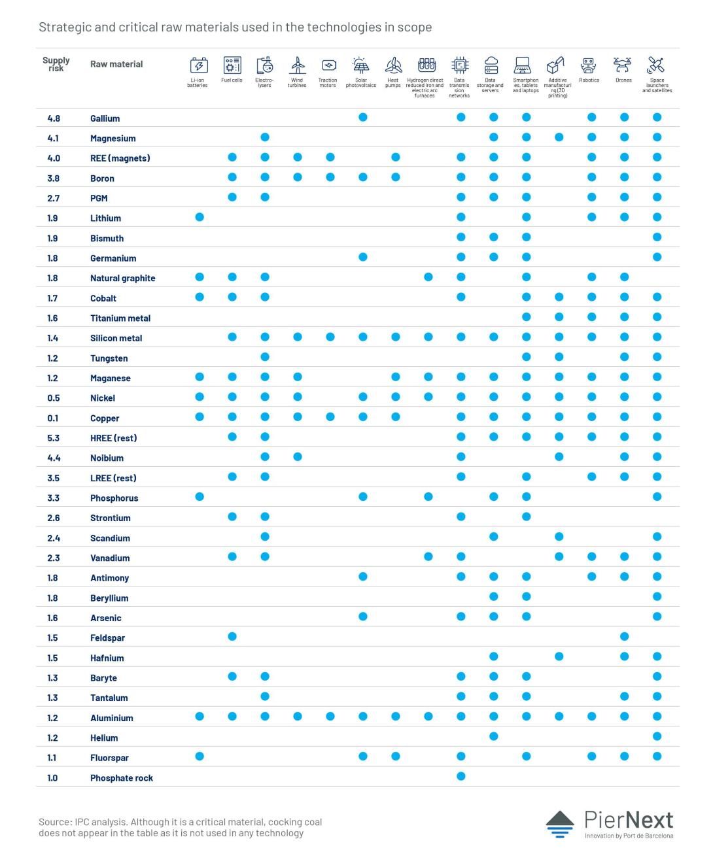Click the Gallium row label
point(105,118)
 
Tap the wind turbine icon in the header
point(297,65)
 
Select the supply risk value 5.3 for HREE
point(54,438)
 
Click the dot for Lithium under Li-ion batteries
point(200,217)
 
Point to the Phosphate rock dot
point(461,776)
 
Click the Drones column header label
point(623,80)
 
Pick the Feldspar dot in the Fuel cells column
point(232,636)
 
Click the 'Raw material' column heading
point(116,64)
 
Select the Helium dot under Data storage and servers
point(493,736)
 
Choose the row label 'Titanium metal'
point(120,318)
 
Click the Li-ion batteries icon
point(199,65)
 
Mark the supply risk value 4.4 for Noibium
point(54,458)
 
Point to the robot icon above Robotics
point(589,65)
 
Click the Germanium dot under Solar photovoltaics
point(363,257)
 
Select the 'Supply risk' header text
point(56,64)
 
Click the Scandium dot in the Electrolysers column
point(265,537)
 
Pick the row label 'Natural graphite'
point(122,279)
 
